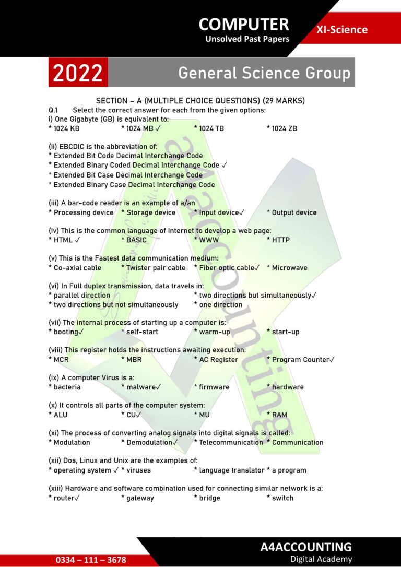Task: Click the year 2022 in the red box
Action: [78, 73]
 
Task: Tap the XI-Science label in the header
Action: [341, 29]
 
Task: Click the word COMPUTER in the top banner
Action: [244, 24]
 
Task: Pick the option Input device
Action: [219, 212]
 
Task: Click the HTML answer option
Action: [64, 240]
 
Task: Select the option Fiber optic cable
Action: [227, 268]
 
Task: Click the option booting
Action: [66, 332]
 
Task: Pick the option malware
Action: [141, 387]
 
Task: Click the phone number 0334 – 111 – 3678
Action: [91, 560]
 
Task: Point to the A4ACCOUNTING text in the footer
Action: [306, 547]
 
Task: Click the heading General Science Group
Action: [264, 73]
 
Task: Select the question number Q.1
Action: [53, 110]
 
